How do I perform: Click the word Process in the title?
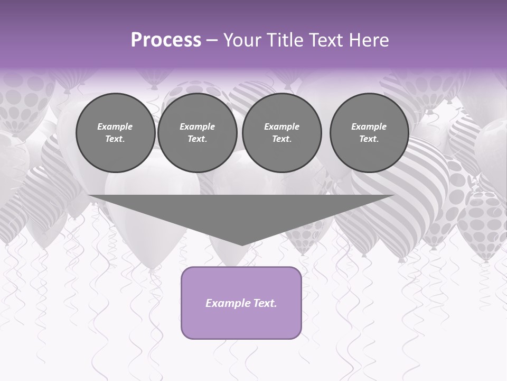(166, 40)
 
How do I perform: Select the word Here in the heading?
(370, 40)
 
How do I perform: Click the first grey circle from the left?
(115, 133)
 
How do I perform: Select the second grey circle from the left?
(197, 133)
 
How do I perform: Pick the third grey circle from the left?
(281, 133)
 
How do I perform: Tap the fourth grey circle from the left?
(369, 133)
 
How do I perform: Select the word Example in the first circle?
(115, 126)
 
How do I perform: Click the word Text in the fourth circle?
(369, 139)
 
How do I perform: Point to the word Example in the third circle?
(281, 126)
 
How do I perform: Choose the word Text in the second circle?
(197, 139)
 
